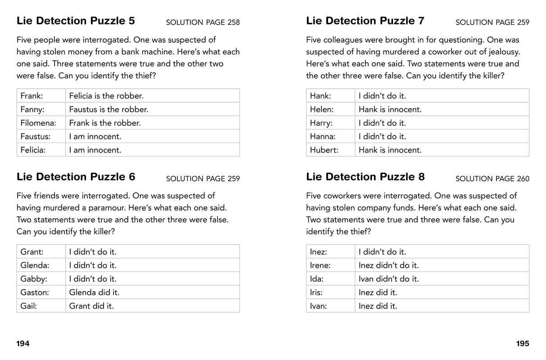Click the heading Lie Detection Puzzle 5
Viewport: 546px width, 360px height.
[x=76, y=21]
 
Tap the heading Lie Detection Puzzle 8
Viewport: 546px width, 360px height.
[x=365, y=177]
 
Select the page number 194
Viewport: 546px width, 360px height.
[x=23, y=344]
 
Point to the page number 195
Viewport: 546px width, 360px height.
[x=523, y=344]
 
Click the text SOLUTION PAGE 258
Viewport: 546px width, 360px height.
[x=203, y=22]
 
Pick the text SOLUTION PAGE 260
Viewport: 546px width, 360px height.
[x=492, y=179]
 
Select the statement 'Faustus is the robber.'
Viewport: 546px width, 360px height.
[x=108, y=109]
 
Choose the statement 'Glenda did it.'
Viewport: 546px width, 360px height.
[x=94, y=292]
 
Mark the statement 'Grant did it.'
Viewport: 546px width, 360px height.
[x=91, y=306]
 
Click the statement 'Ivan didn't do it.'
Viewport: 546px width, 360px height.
[x=388, y=279]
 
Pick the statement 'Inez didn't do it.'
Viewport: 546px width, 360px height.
[x=388, y=265]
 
